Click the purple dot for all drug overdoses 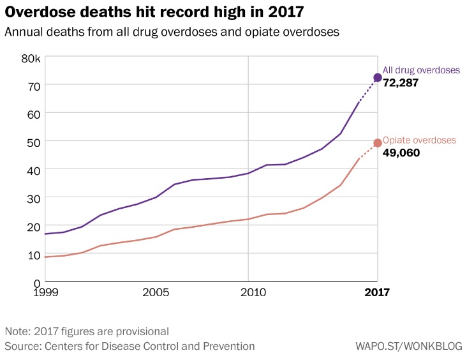[377, 77]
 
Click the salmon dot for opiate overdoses [377, 143]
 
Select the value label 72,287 [400, 83]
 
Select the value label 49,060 [401, 153]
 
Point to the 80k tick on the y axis [31, 58]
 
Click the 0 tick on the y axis [37, 282]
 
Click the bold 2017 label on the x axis [377, 293]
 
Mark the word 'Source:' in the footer [23, 346]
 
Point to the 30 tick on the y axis [33, 198]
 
